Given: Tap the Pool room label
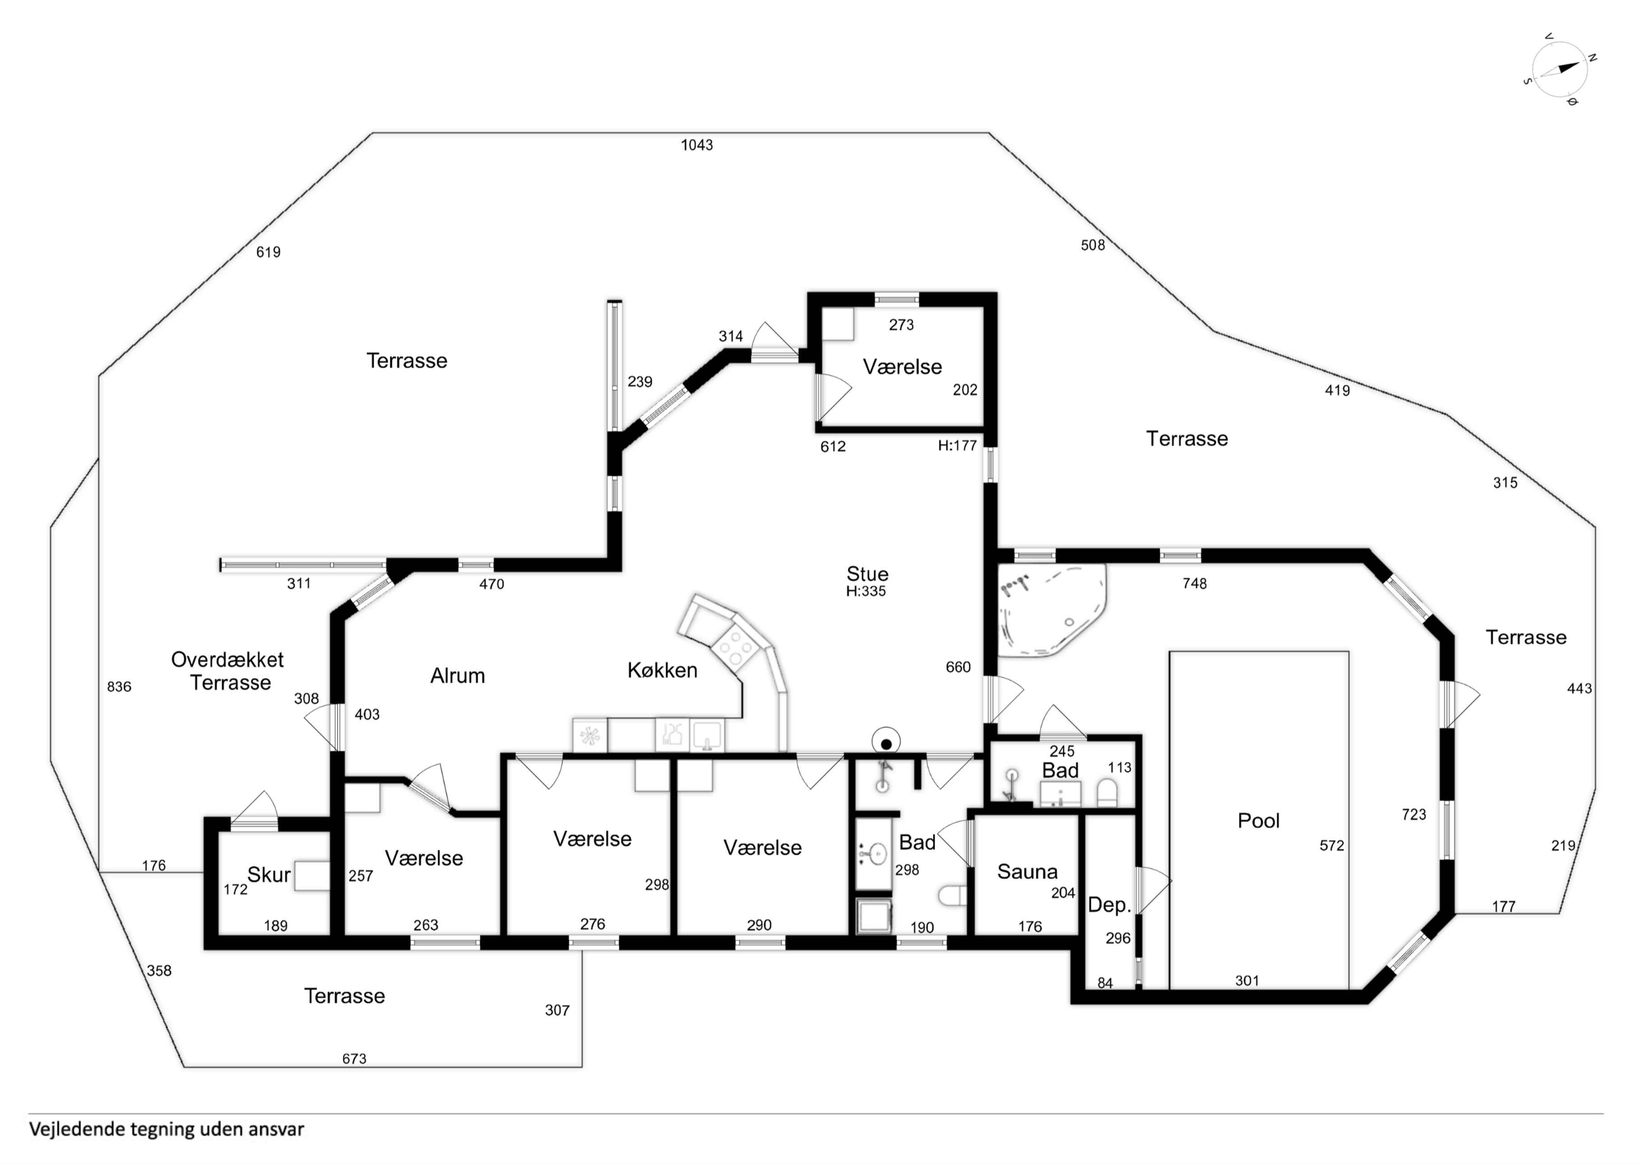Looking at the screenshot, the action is (x=1258, y=821).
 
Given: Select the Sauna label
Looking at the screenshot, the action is (x=1027, y=872).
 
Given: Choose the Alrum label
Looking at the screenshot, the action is (x=458, y=676).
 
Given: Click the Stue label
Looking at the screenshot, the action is (x=868, y=574).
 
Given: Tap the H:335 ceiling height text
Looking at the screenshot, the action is (x=866, y=592).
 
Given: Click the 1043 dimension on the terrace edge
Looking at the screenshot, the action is (x=697, y=145).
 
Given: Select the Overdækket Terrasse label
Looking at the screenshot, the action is (x=228, y=671).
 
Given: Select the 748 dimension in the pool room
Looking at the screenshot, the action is (x=1194, y=584).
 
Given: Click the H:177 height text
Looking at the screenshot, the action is (x=957, y=445).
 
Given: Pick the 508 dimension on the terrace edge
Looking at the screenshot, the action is (x=1092, y=245).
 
